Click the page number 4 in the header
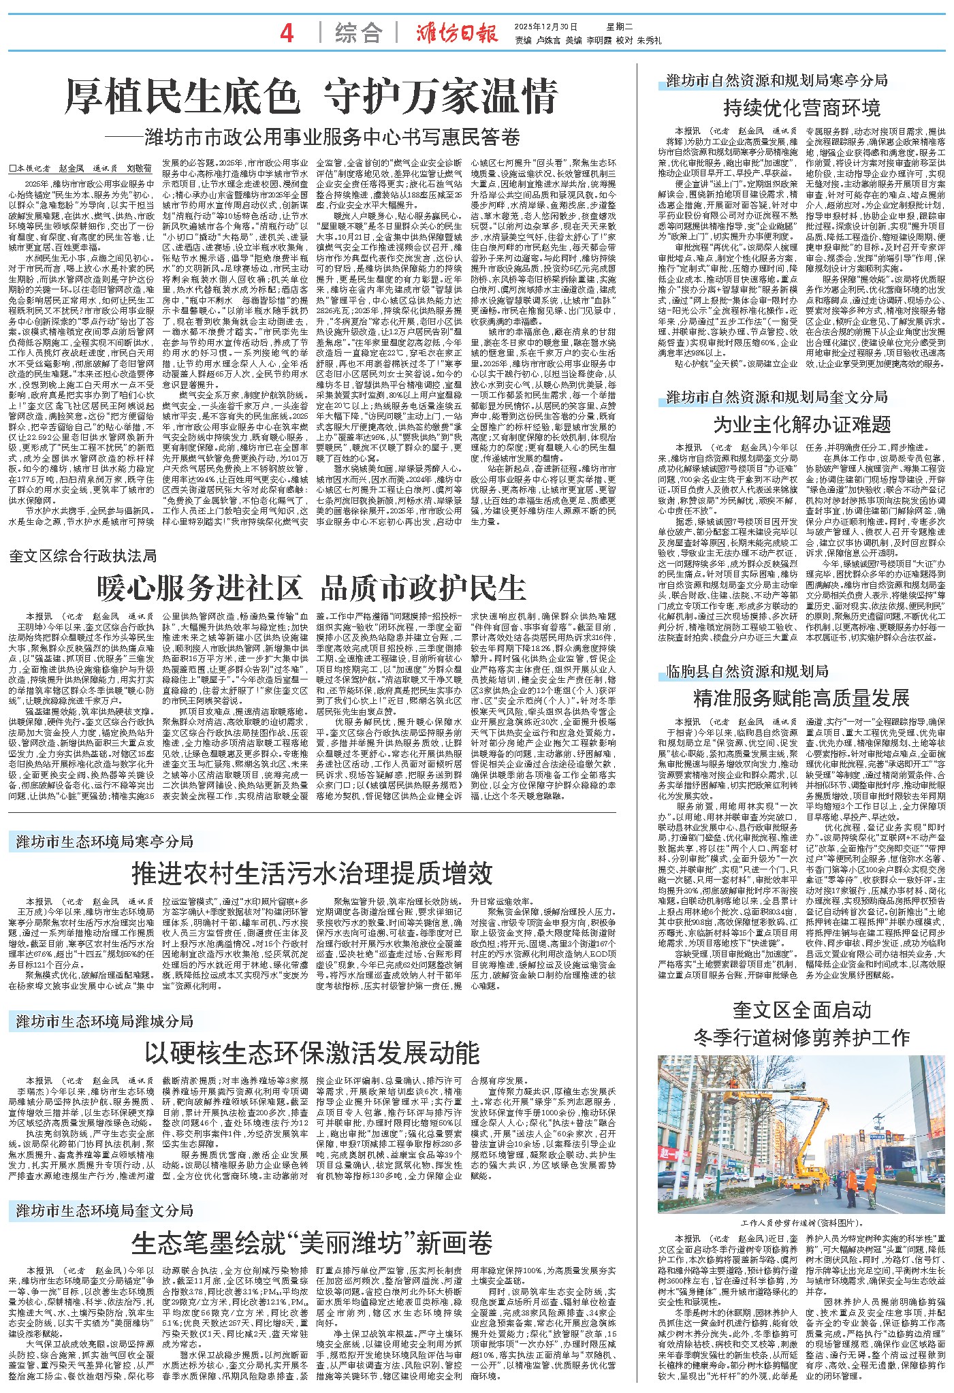pyautogui.click(x=287, y=33)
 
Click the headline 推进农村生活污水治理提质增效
pyautogui.click(x=311, y=872)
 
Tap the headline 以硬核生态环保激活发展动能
pyautogui.click(x=311, y=1052)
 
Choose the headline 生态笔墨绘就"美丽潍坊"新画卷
pyautogui.click(x=311, y=1243)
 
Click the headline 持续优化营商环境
pyautogui.click(x=801, y=108)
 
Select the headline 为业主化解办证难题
pyautogui.click(x=801, y=425)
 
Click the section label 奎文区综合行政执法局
pyautogui.click(x=83, y=556)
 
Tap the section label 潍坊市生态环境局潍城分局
pyautogui.click(x=105, y=1021)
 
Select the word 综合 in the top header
pyautogui.click(x=358, y=33)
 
